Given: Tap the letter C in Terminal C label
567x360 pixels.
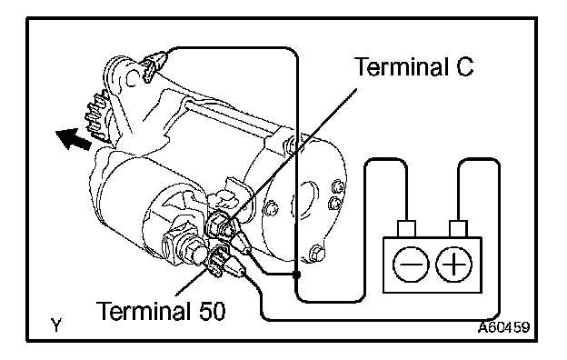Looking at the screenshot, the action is coord(464,66).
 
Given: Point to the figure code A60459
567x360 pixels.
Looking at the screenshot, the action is coord(503,327).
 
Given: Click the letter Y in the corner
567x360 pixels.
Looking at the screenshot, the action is coord(56,325).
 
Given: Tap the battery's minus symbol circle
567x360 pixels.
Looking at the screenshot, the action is coord(411,265).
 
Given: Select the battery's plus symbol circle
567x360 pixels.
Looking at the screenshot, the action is coord(453,265).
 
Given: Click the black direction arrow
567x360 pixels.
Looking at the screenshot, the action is coord(74,138).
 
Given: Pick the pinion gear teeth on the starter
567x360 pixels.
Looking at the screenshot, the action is coord(95,116).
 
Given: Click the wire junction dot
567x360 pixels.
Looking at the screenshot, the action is coord(296,275).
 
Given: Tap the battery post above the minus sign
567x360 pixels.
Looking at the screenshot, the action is coord(406,229).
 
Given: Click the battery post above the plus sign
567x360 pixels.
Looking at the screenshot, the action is coord(459,229).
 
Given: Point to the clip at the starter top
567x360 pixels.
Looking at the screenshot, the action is coord(154,65).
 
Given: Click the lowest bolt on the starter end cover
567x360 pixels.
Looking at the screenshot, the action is coord(316,253).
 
